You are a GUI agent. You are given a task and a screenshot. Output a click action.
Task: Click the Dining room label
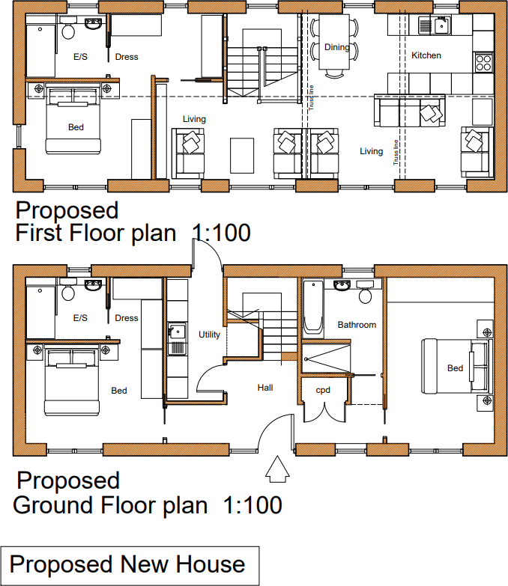(336, 47)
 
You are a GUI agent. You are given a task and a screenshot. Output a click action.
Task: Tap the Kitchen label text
(426, 55)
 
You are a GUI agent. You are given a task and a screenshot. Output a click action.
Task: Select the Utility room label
(209, 335)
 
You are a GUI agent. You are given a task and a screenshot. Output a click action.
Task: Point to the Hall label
(265, 388)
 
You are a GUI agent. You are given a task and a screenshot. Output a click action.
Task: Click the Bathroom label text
(357, 325)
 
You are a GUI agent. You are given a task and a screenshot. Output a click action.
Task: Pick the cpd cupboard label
(323, 389)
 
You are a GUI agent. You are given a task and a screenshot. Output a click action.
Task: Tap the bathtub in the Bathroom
(313, 306)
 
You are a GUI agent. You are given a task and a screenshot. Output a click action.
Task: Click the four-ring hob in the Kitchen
(483, 61)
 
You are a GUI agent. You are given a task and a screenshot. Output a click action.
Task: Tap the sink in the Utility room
(177, 332)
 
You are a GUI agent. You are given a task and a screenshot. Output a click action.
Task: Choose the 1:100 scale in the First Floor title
(221, 233)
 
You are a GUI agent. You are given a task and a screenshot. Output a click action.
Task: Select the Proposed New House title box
(129, 565)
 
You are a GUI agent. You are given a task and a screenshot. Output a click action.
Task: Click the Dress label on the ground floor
(127, 318)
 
